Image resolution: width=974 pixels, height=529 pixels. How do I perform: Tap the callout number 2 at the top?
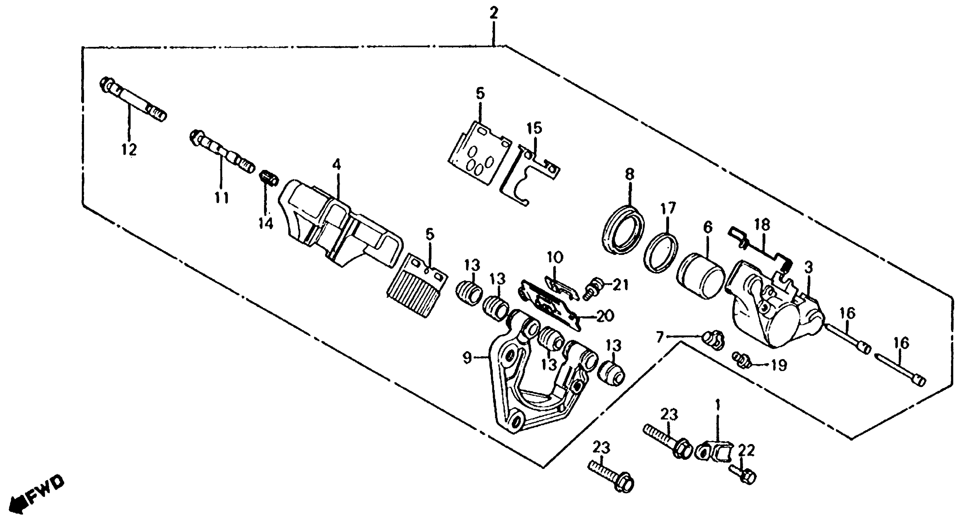tap(493, 14)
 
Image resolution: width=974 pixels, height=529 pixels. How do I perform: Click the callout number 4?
tap(336, 165)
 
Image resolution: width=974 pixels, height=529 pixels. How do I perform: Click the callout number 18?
tap(762, 225)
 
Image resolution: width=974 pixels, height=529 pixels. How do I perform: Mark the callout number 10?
tap(555, 258)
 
